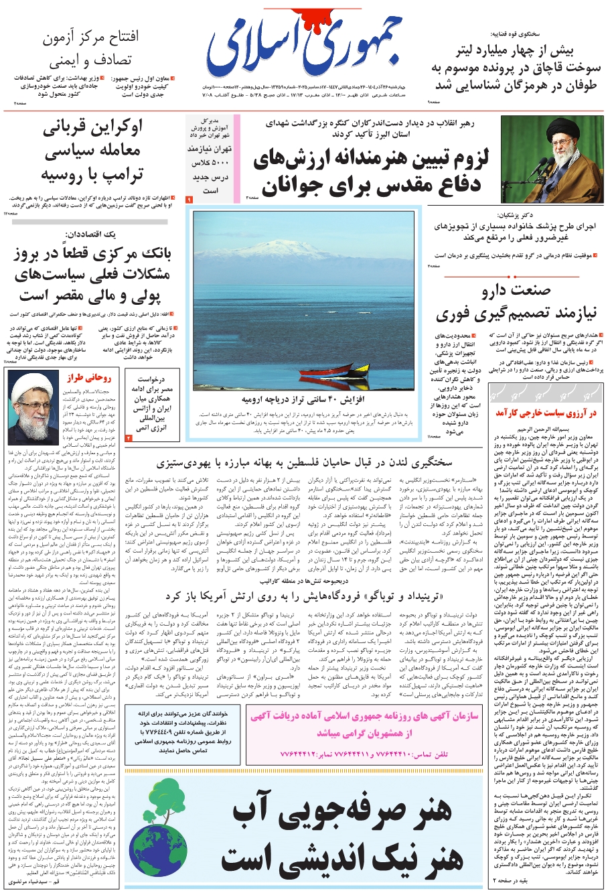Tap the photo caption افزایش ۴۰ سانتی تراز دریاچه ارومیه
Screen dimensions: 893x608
(307, 400)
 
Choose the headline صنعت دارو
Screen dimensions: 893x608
(516, 291)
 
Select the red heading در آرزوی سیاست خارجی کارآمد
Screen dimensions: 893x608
(546, 414)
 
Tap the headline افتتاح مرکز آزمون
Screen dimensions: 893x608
(90, 39)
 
